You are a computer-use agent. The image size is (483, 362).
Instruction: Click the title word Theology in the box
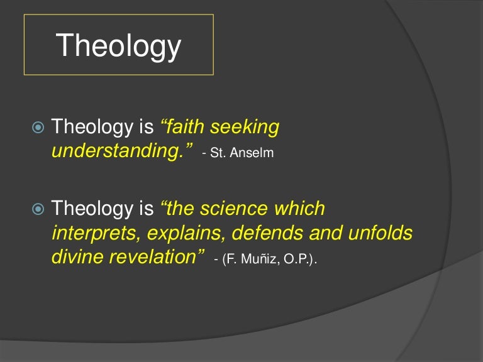(118, 46)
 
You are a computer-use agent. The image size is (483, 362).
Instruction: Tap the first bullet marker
(38, 127)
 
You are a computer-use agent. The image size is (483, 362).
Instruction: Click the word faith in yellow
(184, 127)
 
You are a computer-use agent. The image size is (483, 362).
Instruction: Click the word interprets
(94, 233)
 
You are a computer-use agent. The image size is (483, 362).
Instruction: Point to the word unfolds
(382, 233)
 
